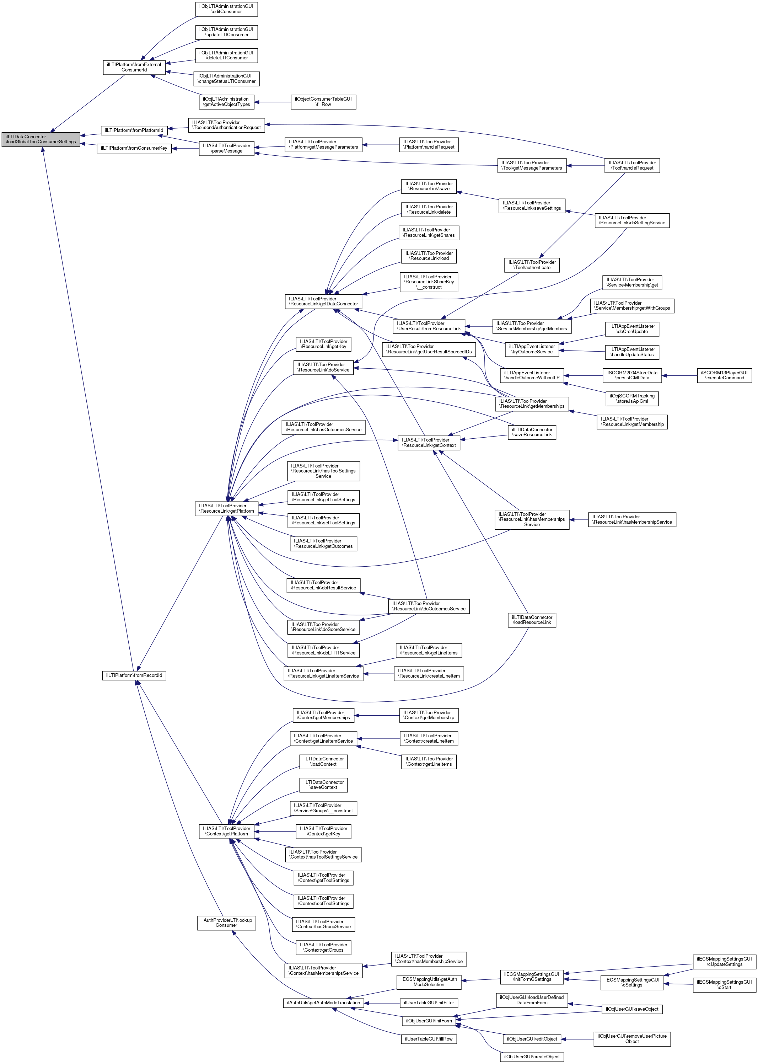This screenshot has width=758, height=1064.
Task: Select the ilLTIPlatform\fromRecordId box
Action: pyautogui.click(x=134, y=675)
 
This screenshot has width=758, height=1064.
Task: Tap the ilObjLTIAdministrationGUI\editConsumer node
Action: pyautogui.click(x=226, y=9)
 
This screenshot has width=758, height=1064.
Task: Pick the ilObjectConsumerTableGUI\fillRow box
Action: pyautogui.click(x=323, y=102)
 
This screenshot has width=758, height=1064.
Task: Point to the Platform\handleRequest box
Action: pyautogui.click(x=429, y=144)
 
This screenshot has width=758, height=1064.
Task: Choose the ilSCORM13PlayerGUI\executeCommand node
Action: pyautogui.click(x=724, y=375)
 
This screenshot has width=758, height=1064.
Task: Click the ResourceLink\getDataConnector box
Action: pyautogui.click(x=323, y=301)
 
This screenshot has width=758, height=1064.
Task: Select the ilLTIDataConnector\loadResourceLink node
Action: pyautogui.click(x=532, y=620)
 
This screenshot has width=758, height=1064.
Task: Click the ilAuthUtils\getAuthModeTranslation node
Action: pyautogui.click(x=323, y=1003)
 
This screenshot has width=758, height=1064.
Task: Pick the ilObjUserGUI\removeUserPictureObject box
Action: pyautogui.click(x=631, y=1039)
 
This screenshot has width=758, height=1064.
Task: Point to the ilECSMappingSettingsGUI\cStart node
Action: pyautogui.click(x=724, y=985)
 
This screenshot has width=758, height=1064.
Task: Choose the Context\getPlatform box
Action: pyautogui.click(x=226, y=831)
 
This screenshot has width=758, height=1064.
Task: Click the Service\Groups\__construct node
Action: pyautogui.click(x=323, y=808)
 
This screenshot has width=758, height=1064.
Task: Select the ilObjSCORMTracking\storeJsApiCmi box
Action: pyautogui.click(x=632, y=398)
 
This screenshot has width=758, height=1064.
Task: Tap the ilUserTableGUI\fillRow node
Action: pyautogui.click(x=429, y=1039)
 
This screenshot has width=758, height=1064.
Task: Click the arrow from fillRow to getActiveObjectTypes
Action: pyautogui.click(x=273, y=102)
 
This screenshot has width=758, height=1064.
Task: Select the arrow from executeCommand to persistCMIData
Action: pyautogui.click(x=679, y=375)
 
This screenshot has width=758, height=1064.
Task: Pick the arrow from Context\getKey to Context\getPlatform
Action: pyautogui.click(x=275, y=832)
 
